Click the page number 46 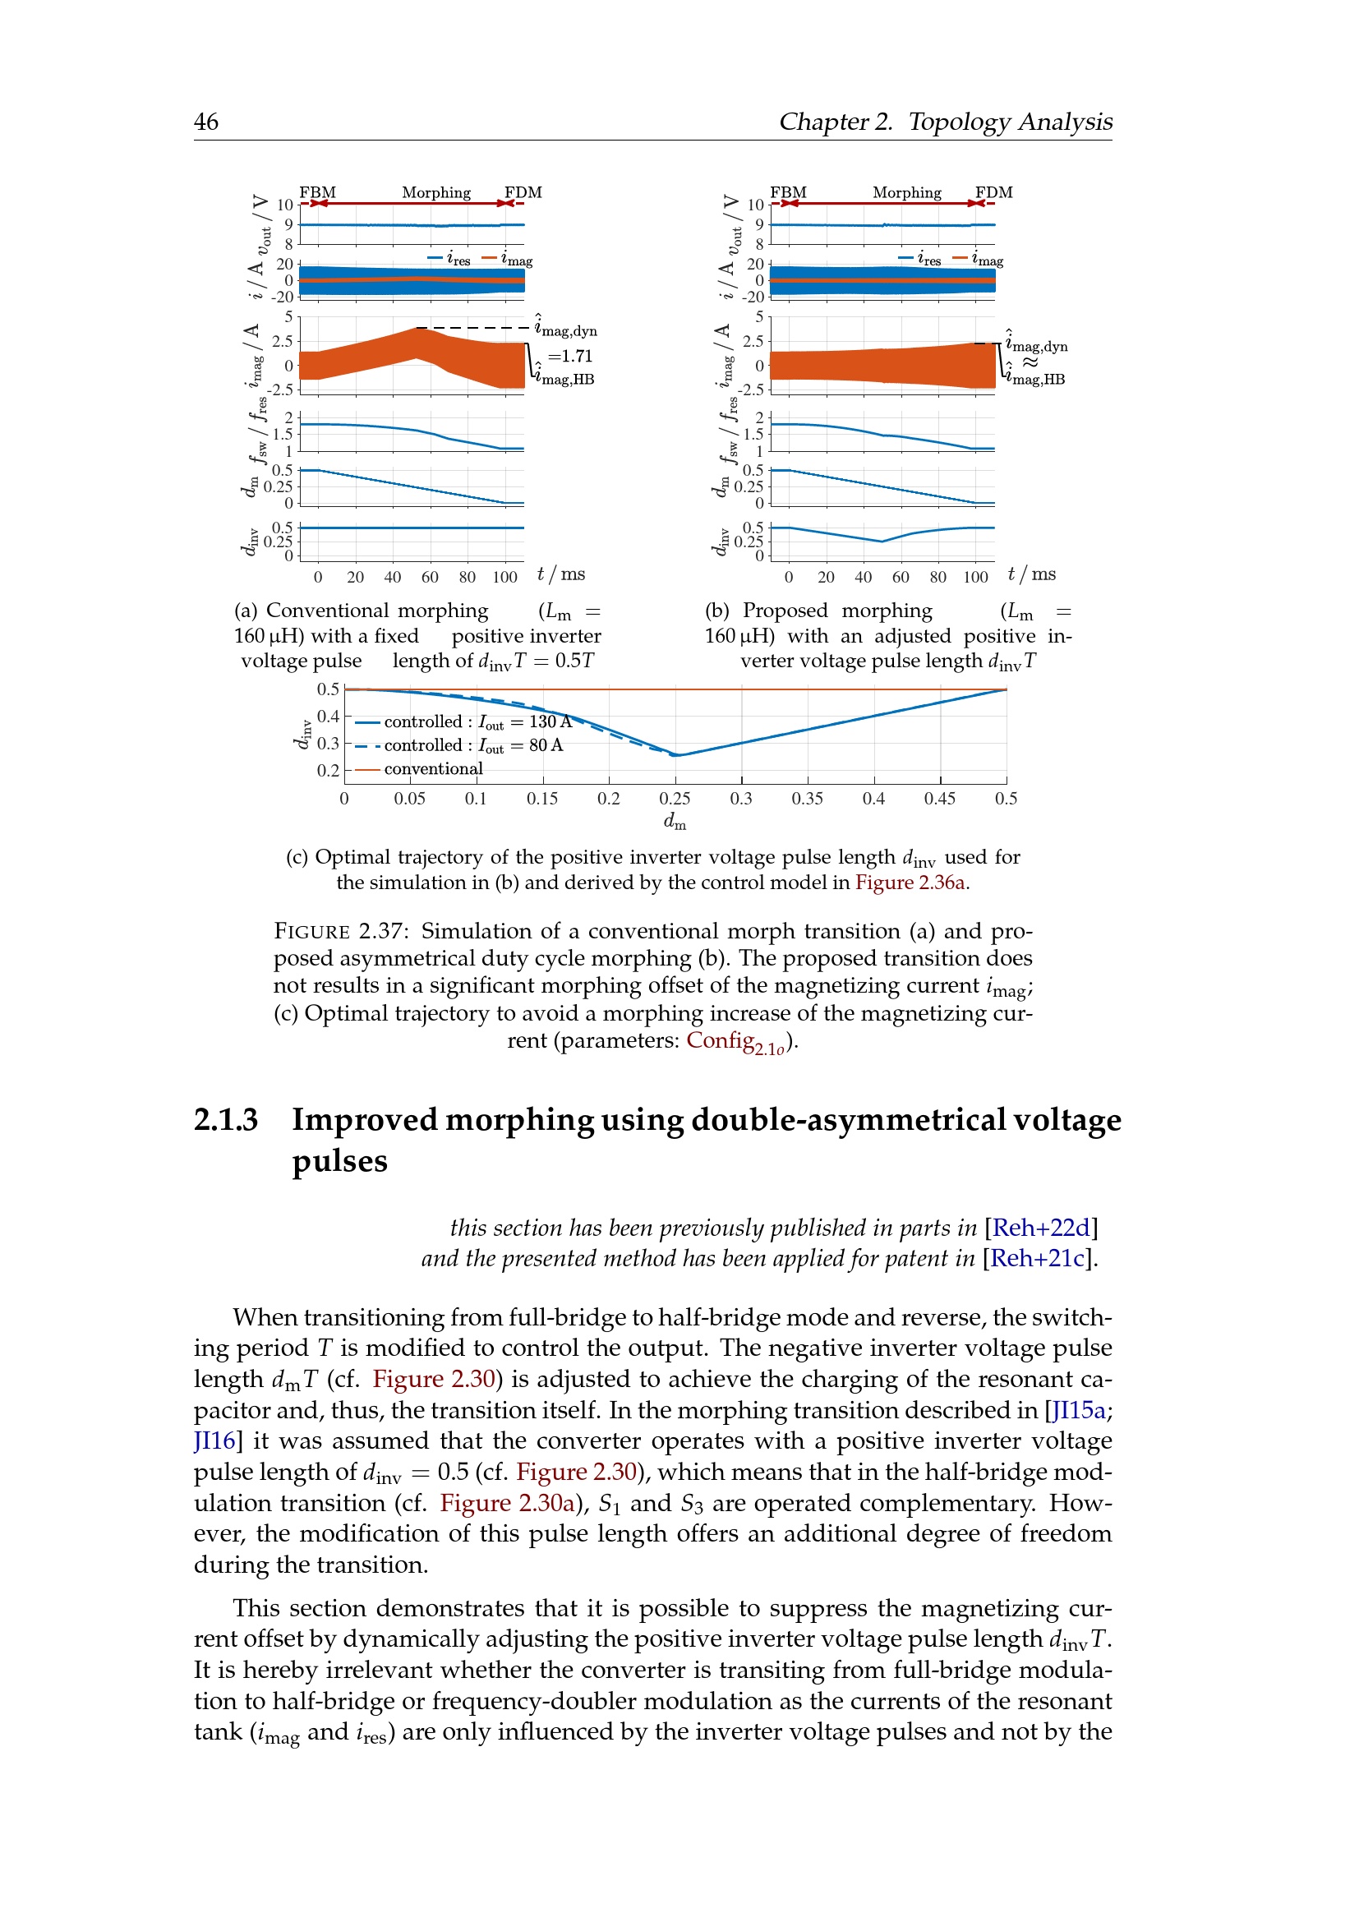coord(206,122)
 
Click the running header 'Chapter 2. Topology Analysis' coord(945,122)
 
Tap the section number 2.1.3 coord(226,1120)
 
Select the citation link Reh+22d coord(1040,1228)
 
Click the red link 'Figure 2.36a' coord(910,883)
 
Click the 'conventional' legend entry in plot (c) coord(433,768)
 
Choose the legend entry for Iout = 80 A coord(472,745)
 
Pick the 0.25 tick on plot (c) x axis coord(675,799)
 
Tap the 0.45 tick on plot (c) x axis coord(940,799)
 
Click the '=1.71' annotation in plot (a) coord(570,356)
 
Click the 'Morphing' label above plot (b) coord(906,192)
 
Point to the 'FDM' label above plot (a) coord(523,192)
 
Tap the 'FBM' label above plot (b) coord(787,192)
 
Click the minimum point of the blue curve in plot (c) coord(677,755)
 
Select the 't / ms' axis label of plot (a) coord(560,574)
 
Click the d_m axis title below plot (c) coord(675,822)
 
